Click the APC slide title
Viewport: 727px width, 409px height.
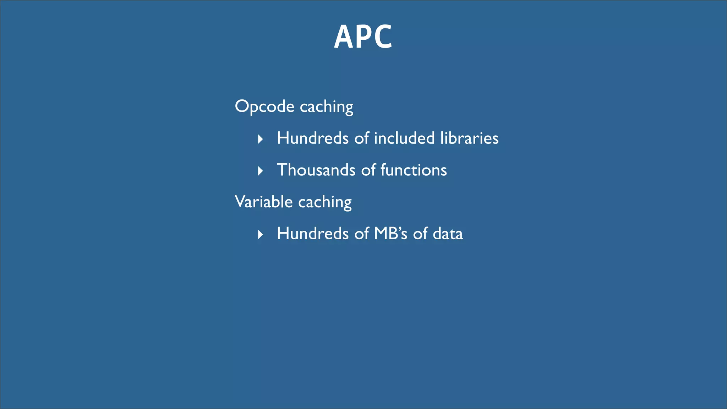coord(363,37)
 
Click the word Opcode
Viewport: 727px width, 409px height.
coord(264,107)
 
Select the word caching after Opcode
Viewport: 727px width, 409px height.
coord(326,107)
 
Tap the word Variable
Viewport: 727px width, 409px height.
coord(263,202)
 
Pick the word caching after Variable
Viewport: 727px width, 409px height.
coord(325,202)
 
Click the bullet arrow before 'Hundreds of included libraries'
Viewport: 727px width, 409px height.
coord(260,139)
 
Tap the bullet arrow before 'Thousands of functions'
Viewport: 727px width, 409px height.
coord(260,171)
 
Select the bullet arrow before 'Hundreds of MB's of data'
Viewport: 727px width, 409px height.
coord(260,234)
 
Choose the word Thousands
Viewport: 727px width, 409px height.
coord(316,170)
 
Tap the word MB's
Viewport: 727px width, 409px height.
coord(390,234)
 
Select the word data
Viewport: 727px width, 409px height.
coord(448,234)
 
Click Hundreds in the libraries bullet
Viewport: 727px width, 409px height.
coord(312,138)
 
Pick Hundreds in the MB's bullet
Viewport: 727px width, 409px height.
coord(312,234)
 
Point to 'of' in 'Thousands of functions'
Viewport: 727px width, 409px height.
coord(368,170)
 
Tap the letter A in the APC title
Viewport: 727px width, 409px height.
coord(343,37)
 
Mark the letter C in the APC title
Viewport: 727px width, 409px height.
coord(382,37)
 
